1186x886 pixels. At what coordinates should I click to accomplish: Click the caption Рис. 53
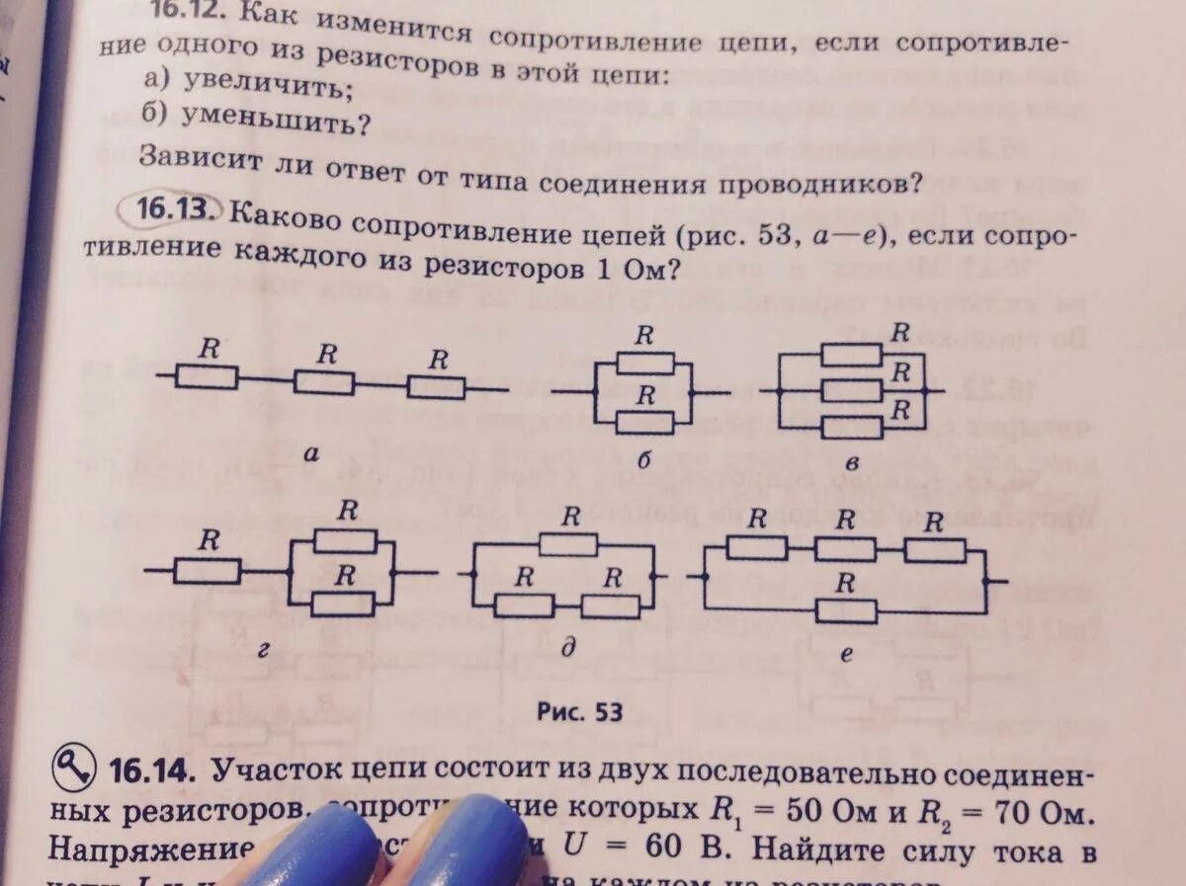click(579, 711)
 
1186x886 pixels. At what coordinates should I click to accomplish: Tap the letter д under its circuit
click(568, 649)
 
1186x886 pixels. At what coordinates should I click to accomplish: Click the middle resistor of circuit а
click(324, 382)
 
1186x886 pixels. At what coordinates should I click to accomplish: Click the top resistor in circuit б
click(643, 363)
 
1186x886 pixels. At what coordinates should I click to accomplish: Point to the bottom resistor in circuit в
click(851, 428)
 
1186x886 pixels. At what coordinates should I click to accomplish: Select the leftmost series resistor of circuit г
click(208, 571)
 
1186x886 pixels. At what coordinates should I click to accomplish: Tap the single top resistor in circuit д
click(568, 545)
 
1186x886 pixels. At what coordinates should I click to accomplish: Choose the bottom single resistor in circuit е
click(847, 611)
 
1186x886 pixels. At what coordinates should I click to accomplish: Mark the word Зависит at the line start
click(193, 159)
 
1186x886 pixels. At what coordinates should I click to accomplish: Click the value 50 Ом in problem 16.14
click(824, 816)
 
